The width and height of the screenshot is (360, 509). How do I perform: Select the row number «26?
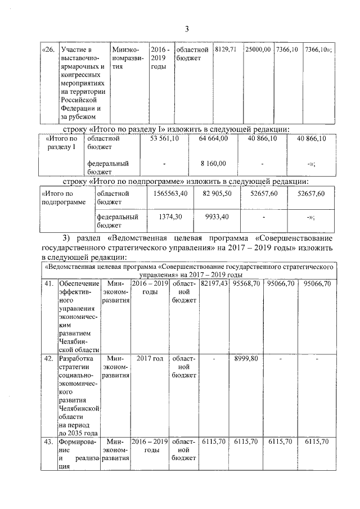tap(49, 50)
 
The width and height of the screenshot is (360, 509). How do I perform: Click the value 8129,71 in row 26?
tap(227, 50)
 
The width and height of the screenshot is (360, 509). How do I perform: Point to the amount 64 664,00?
tap(213, 138)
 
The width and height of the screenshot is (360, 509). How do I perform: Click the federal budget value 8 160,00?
tap(213, 164)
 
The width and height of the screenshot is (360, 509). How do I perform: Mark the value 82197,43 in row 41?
tap(214, 284)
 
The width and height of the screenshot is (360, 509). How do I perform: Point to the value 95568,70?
tap(246, 284)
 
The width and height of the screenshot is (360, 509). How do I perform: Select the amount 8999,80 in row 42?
tap(246, 358)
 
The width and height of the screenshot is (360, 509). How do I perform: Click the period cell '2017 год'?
tap(150, 358)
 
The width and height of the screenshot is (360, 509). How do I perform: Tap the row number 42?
tap(49, 358)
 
